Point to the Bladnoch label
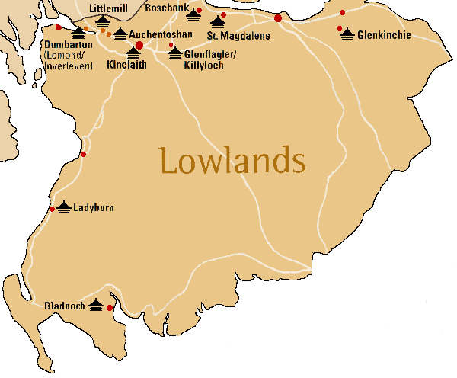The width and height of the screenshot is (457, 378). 63,306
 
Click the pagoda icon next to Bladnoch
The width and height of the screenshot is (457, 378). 95,305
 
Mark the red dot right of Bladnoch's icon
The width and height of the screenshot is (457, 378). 110,308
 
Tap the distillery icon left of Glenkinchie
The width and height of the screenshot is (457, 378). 347,34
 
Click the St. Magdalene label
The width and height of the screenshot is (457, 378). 238,35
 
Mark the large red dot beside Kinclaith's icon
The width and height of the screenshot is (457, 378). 139,45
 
